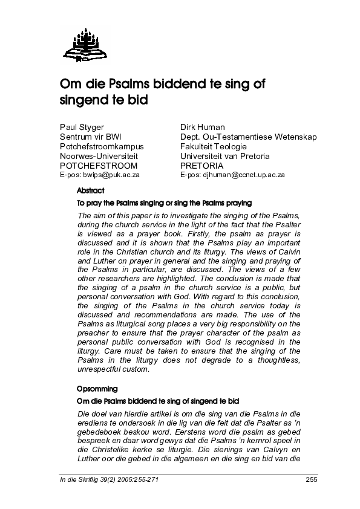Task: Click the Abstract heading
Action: pos(91,191)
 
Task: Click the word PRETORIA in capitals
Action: pos(202,165)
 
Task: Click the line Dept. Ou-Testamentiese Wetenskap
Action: pos(248,137)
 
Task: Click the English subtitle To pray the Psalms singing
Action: pos(164,203)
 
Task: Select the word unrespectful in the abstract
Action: pos(100,371)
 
